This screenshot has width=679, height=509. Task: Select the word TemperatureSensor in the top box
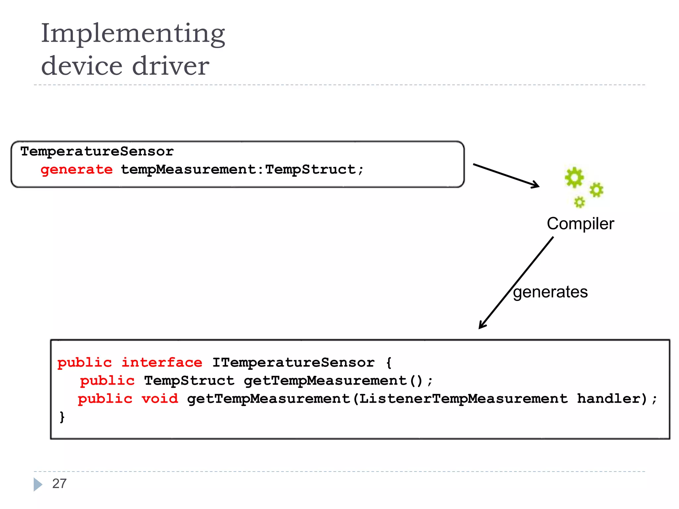click(x=97, y=151)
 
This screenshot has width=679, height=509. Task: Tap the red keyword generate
click(x=77, y=170)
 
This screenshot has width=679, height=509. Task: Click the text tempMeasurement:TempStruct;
click(x=242, y=170)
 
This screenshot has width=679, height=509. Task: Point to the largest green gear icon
click(x=574, y=177)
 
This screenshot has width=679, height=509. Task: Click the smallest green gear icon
click(x=579, y=202)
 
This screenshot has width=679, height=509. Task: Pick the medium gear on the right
click(x=596, y=190)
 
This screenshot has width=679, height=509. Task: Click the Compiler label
click(x=580, y=224)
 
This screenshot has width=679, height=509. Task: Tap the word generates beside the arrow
click(x=550, y=292)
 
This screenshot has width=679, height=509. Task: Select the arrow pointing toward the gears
click(x=506, y=176)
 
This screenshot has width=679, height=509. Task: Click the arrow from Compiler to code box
click(x=516, y=283)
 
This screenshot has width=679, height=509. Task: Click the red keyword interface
click(x=162, y=363)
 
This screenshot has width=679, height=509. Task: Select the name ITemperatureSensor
click(x=293, y=363)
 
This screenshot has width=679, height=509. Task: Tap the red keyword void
click(x=160, y=399)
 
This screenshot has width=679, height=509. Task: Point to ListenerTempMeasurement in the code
click(x=463, y=399)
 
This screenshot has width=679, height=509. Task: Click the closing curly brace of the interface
click(x=62, y=417)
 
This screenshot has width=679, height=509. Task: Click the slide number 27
click(x=59, y=484)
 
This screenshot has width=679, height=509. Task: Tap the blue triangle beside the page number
click(x=37, y=484)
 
